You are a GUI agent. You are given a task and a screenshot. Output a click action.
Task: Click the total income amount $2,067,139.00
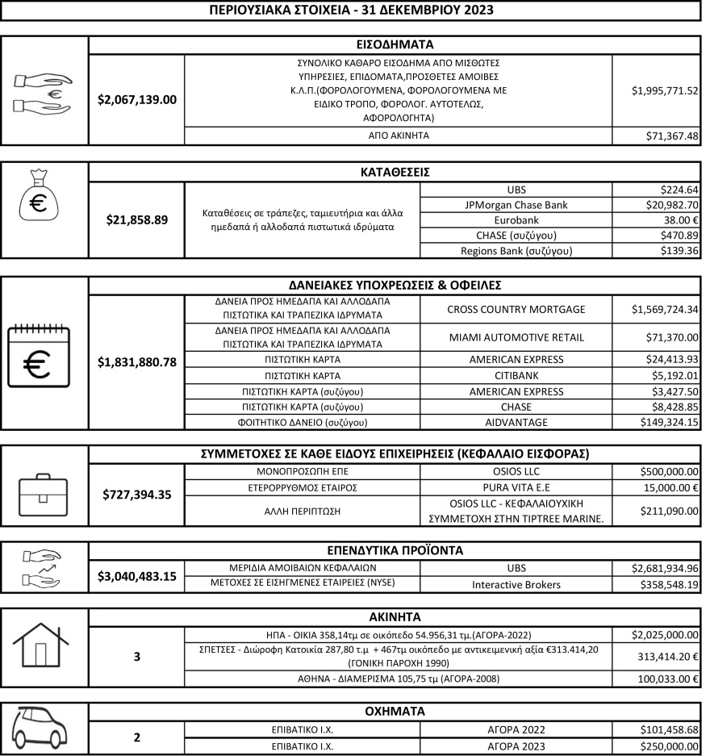tap(136, 99)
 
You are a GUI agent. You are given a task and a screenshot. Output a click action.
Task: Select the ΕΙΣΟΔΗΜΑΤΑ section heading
tap(394, 44)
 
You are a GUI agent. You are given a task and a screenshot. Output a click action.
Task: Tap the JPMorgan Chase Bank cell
tap(516, 205)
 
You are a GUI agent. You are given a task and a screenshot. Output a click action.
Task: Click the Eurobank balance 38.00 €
tap(656, 220)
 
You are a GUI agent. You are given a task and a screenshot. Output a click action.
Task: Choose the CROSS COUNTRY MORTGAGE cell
tap(516, 310)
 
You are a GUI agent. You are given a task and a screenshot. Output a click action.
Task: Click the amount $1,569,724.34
tap(656, 310)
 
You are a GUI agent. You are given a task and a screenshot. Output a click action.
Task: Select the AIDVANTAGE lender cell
tap(516, 422)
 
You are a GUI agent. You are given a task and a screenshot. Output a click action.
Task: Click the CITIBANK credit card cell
tap(516, 375)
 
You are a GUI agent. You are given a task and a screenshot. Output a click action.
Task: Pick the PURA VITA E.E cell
tap(516, 487)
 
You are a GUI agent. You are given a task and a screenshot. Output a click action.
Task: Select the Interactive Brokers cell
tap(516, 584)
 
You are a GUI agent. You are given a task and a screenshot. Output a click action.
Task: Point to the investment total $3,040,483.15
tap(136, 576)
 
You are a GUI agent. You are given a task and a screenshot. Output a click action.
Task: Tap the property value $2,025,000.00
tap(656, 634)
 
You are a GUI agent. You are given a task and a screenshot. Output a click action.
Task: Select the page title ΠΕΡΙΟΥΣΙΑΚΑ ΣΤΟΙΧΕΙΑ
tap(351, 10)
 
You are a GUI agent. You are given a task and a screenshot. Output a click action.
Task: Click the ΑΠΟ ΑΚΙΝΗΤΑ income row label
tap(398, 136)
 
